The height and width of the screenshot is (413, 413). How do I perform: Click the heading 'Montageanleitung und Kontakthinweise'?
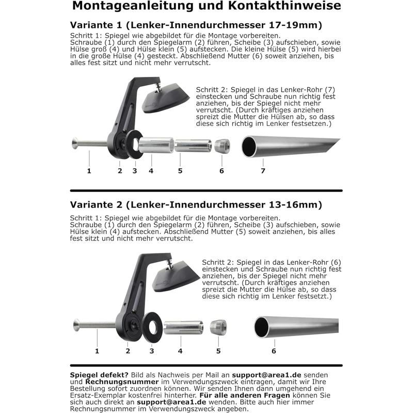pos(206,7)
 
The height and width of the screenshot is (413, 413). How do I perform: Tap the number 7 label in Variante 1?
pos(263,170)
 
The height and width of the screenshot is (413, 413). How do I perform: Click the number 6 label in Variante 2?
pos(274,351)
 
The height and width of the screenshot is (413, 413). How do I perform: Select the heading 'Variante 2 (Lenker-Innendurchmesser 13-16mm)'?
pos(196,204)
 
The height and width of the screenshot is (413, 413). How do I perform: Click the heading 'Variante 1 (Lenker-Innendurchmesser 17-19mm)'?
pos(196,25)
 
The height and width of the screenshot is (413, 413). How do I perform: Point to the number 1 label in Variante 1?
pos(89,170)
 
